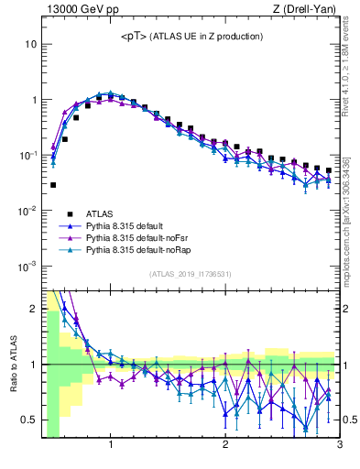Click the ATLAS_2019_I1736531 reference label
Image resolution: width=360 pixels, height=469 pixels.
[x=191, y=274]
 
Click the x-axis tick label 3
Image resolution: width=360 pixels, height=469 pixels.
[x=339, y=446]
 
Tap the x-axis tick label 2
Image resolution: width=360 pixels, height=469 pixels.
[x=225, y=446]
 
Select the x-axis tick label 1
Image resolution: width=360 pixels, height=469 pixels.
[x=111, y=446]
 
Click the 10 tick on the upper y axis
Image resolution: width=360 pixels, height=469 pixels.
[x=30, y=44]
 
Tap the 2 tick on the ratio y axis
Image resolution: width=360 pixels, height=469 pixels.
[x=34, y=309]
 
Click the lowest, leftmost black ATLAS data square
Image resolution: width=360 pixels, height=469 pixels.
[x=53, y=185]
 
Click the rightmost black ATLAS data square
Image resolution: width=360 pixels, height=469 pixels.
[x=329, y=169]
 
